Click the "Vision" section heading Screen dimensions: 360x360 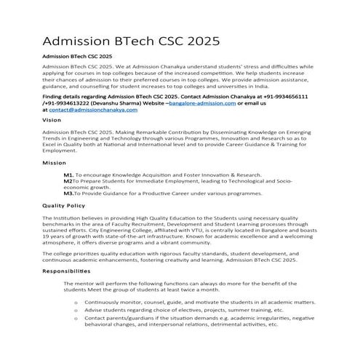coord(52,119)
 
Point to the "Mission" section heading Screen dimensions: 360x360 coord(55,164)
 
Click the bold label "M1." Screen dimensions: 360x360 coord(68,175)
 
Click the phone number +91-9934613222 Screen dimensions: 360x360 coord(68,103)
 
